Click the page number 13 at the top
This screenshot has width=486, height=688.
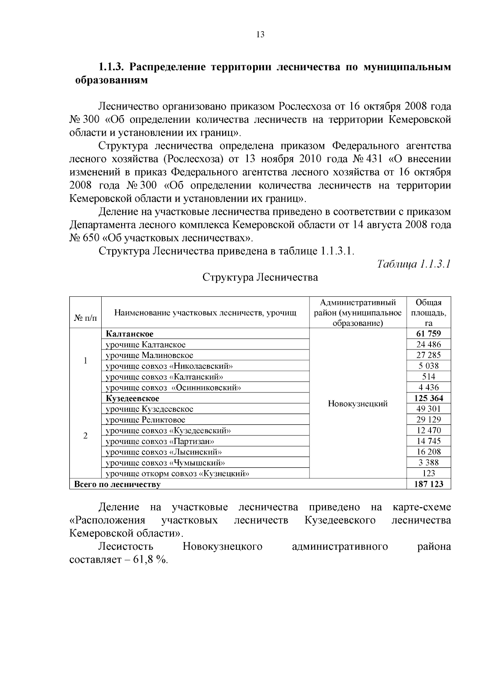click(x=260, y=35)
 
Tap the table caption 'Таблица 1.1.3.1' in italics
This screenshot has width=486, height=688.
click(x=414, y=264)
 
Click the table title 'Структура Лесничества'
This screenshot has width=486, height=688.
click(x=260, y=277)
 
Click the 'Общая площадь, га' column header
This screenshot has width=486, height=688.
click(x=428, y=313)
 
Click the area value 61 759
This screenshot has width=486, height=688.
click(x=428, y=334)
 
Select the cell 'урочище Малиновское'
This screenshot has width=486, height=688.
click(x=149, y=356)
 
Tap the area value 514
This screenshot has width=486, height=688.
click(x=428, y=377)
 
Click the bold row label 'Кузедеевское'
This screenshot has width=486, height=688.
click(x=132, y=399)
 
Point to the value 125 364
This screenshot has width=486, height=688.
click(x=428, y=398)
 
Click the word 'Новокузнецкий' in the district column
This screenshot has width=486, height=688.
click(x=358, y=404)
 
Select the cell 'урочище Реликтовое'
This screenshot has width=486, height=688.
click(x=145, y=420)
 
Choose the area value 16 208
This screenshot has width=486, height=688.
click(x=428, y=452)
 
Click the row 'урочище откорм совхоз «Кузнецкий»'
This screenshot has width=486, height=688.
click(x=177, y=474)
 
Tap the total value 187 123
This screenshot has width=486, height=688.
click(x=428, y=484)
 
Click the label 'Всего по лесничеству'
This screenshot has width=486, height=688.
click(x=117, y=484)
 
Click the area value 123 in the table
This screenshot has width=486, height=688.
click(x=428, y=473)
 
